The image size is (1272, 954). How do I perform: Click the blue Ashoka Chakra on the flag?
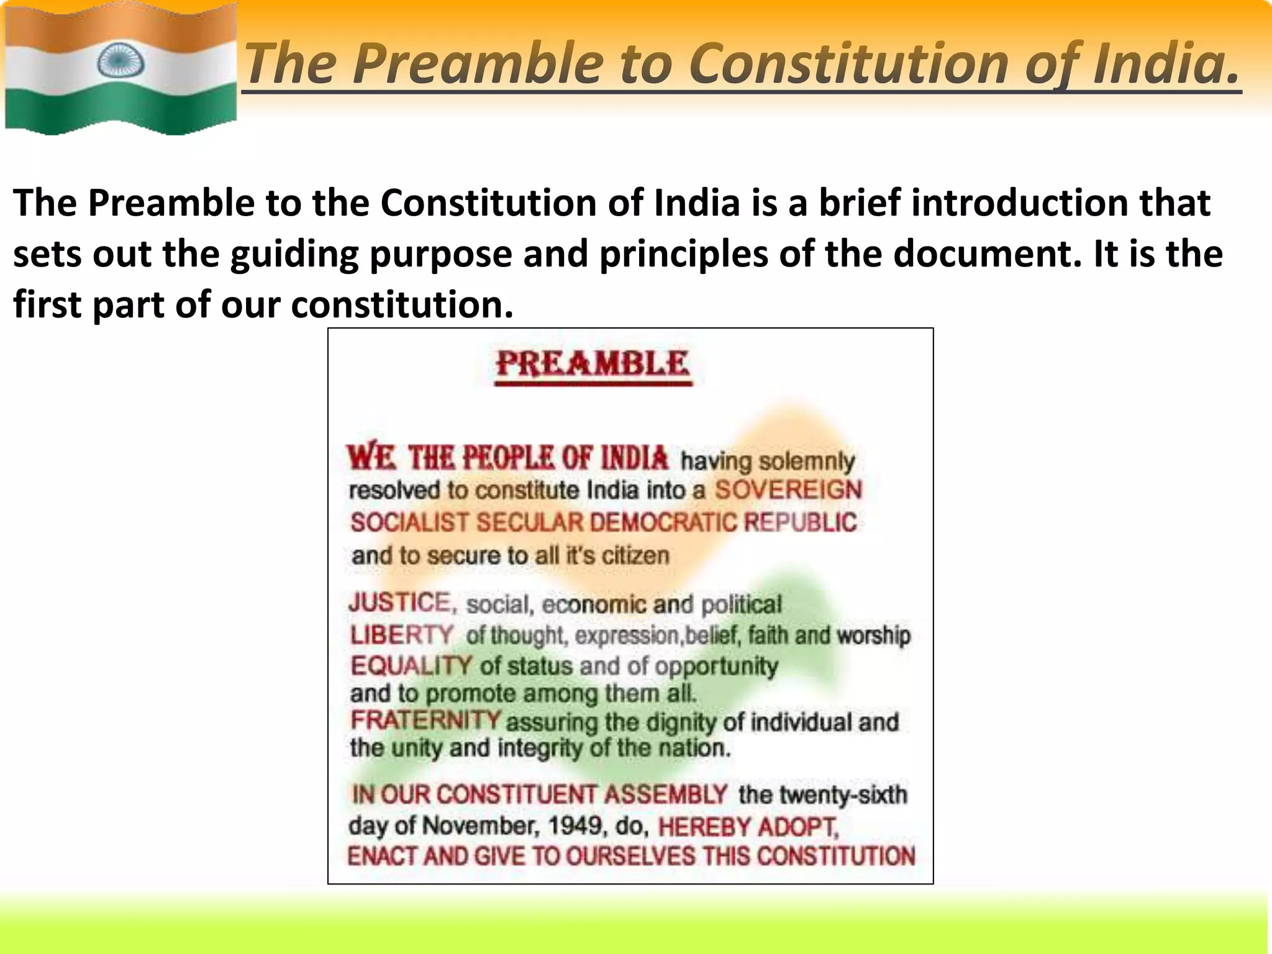[x=120, y=61]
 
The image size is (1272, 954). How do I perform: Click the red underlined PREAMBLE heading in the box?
[x=593, y=365]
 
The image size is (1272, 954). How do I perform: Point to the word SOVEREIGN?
[x=788, y=490]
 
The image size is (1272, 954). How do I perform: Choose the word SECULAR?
[x=530, y=522]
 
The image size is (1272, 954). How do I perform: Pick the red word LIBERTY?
[x=402, y=635]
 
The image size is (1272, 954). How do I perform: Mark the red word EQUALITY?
[x=411, y=666]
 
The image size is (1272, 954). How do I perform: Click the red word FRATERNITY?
[x=425, y=720]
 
